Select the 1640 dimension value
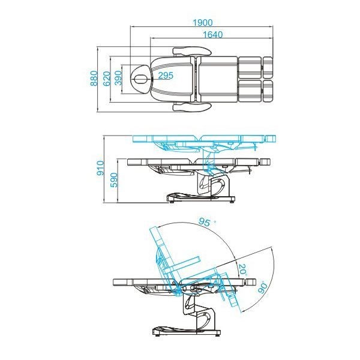coord(212,35)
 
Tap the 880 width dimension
coord(94,78)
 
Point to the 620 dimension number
coord(106,78)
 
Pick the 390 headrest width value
coord(118,78)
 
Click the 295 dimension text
coord(166,76)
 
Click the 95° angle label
coord(206,222)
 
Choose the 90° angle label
coord(262,287)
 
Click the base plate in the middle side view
coord(200,197)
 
